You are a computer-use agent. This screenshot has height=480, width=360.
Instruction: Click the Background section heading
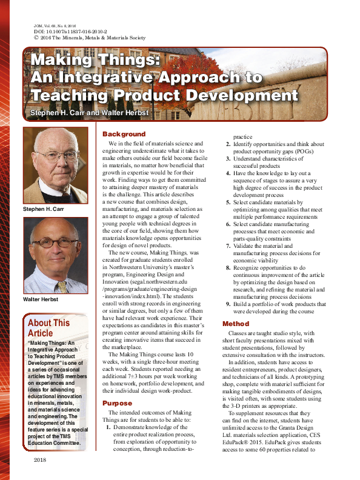click(124, 134)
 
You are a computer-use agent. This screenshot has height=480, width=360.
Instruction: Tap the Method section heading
click(236, 324)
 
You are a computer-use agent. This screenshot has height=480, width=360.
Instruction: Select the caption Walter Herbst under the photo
click(41, 299)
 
